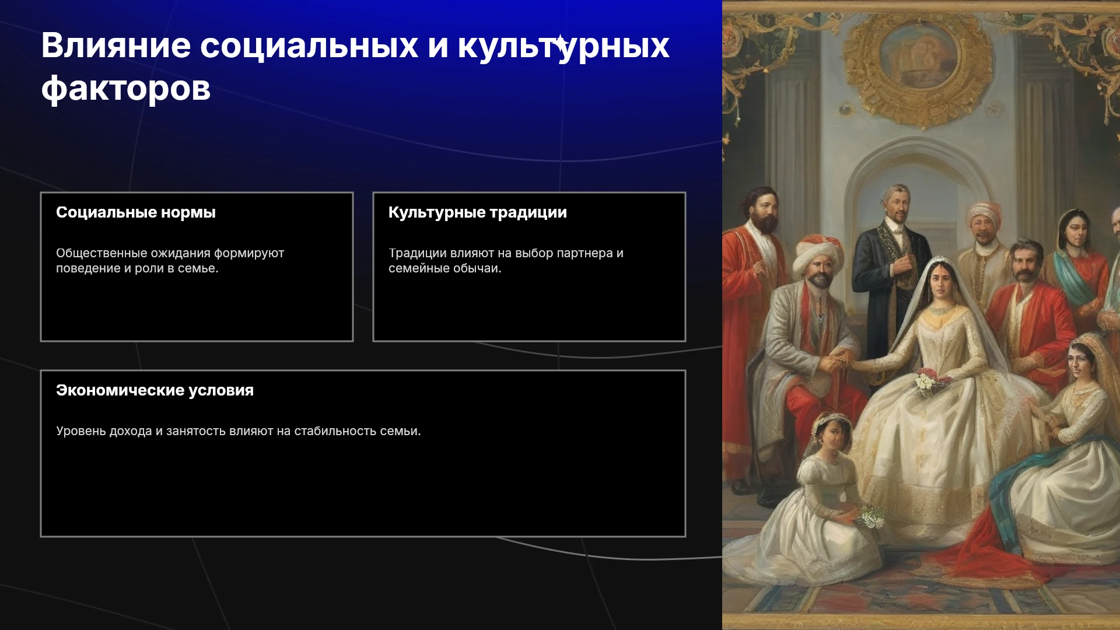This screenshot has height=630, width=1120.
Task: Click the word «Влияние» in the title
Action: point(116,45)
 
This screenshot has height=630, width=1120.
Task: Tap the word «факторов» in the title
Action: point(126,89)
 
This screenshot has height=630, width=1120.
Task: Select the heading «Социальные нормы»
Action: point(136,212)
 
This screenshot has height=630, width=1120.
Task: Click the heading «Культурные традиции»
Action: point(478,212)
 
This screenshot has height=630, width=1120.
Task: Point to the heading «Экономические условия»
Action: point(155,390)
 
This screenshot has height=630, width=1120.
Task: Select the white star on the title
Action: point(561,44)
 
